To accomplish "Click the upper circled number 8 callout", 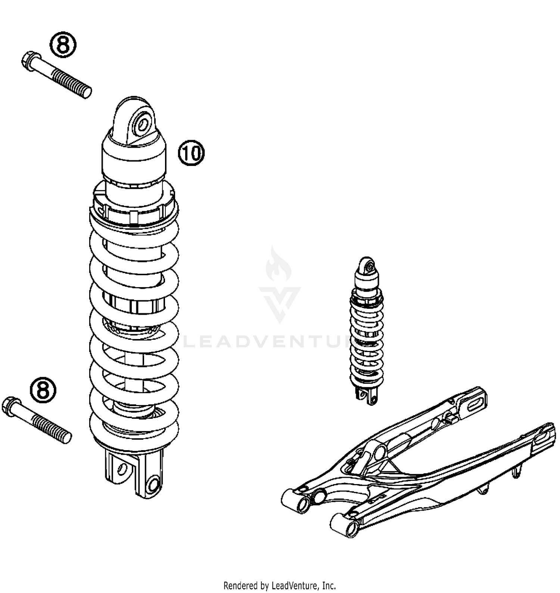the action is click(x=63, y=45).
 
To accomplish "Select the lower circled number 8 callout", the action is click(x=43, y=390).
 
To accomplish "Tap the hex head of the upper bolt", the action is click(x=29, y=60).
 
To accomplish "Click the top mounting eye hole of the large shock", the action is click(x=143, y=123).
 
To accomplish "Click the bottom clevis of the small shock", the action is click(x=366, y=395).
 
